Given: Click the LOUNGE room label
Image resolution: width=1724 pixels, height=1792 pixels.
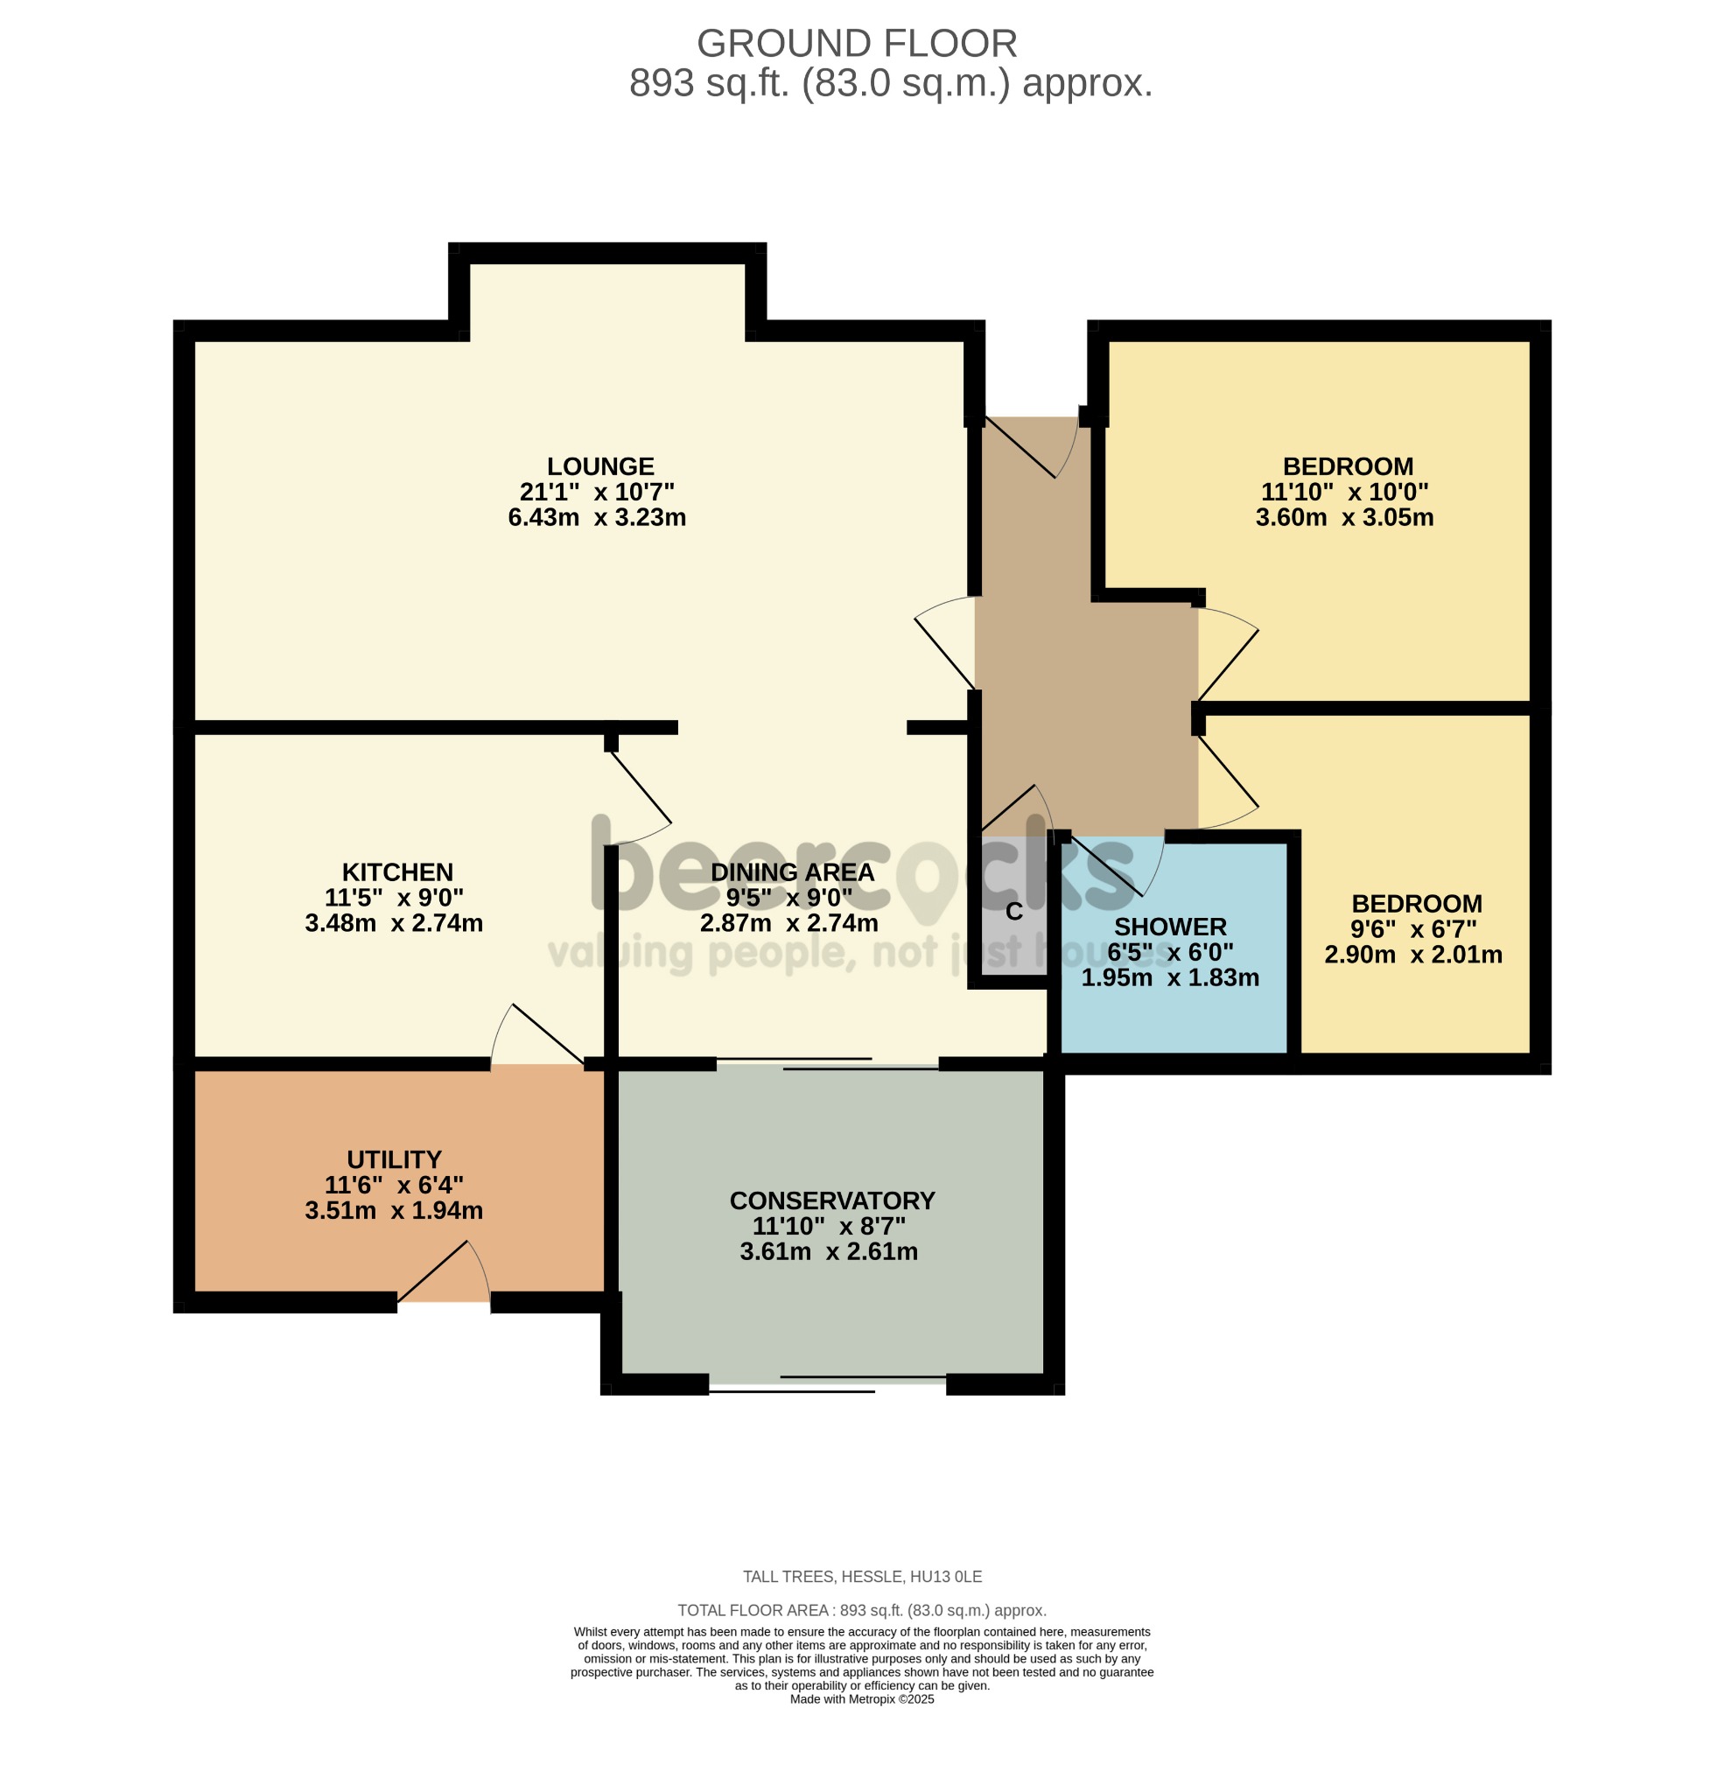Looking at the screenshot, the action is click(600, 466).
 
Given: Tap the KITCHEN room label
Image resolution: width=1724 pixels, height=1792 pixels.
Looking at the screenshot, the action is click(397, 872).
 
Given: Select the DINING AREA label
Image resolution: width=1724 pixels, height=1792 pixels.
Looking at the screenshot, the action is click(792, 872).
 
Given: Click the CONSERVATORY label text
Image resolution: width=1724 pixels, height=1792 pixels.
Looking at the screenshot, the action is click(832, 1200).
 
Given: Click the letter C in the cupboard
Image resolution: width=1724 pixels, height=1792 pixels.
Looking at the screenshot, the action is click(1013, 913).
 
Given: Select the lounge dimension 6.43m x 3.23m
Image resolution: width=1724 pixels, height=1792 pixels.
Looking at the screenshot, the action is click(597, 517).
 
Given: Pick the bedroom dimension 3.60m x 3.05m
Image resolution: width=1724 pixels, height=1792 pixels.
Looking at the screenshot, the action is click(1344, 517).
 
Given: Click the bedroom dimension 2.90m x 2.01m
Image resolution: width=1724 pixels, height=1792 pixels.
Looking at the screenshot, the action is click(1413, 955).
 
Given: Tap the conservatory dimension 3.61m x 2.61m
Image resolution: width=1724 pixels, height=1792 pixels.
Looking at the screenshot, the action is click(829, 1251).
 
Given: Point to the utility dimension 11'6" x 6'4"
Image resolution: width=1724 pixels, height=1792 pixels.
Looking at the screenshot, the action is click(394, 1185).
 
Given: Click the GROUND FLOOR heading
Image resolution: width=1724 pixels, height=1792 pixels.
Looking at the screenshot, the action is click(857, 43).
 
